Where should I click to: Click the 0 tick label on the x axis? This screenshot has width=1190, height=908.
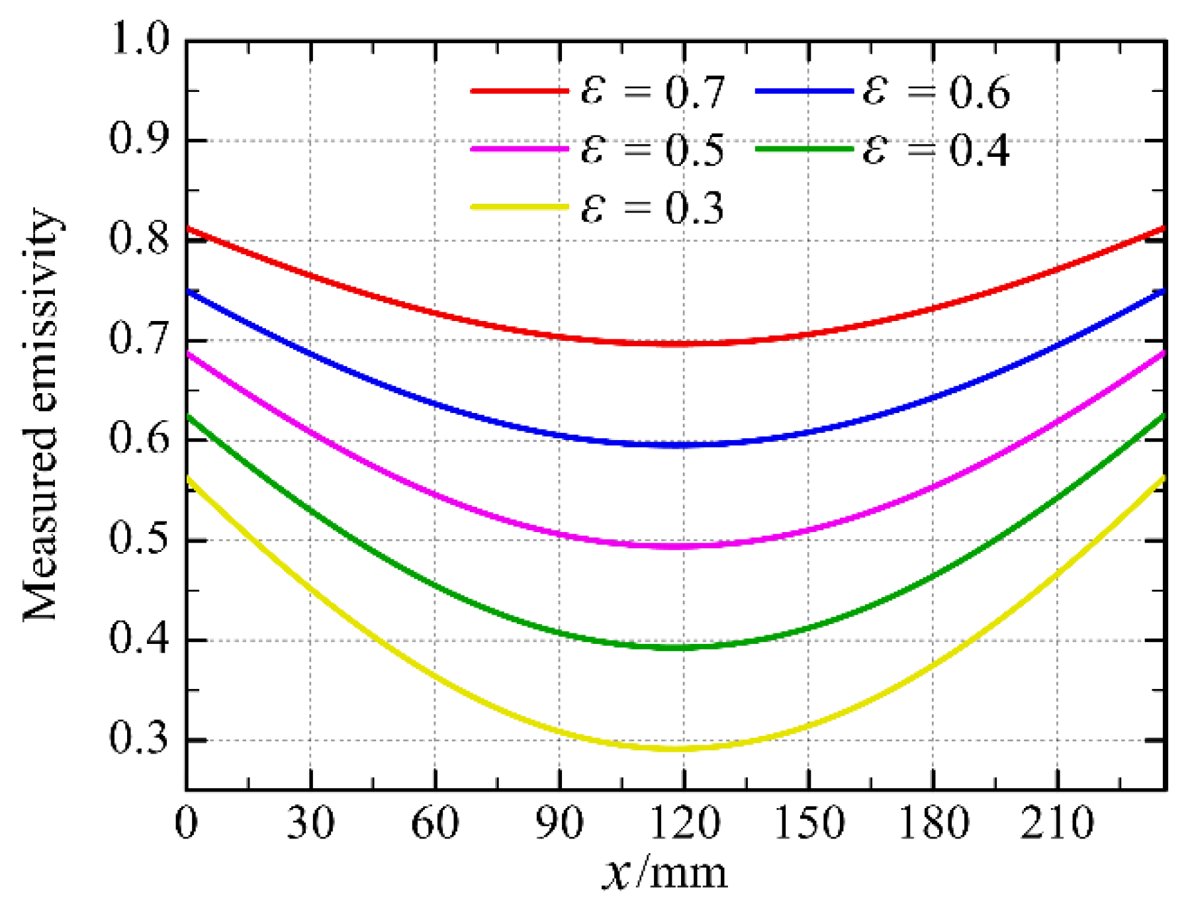[186, 823]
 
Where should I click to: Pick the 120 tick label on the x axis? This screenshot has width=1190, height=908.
[684, 823]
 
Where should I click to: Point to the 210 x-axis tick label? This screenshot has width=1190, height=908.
[1057, 823]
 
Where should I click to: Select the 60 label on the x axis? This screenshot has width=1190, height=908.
[435, 823]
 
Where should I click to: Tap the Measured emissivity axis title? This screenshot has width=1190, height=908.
[41, 416]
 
